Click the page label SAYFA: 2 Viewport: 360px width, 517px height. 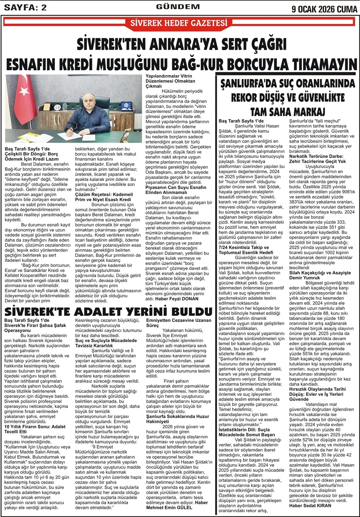click(x=24, y=8)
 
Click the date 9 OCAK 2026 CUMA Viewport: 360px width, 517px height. click(x=324, y=8)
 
